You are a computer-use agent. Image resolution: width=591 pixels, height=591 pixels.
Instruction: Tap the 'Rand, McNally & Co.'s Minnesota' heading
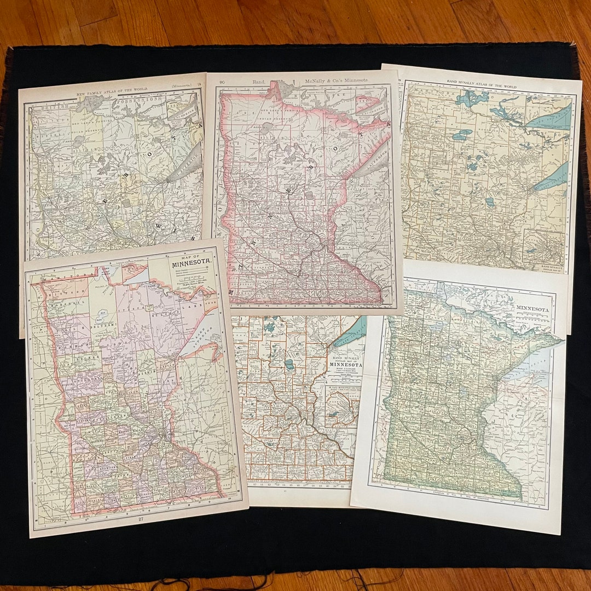coord(310,80)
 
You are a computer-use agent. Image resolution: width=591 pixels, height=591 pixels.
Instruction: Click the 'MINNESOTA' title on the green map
coord(532,309)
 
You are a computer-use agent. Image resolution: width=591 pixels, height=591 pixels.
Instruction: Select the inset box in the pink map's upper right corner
coord(368,105)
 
